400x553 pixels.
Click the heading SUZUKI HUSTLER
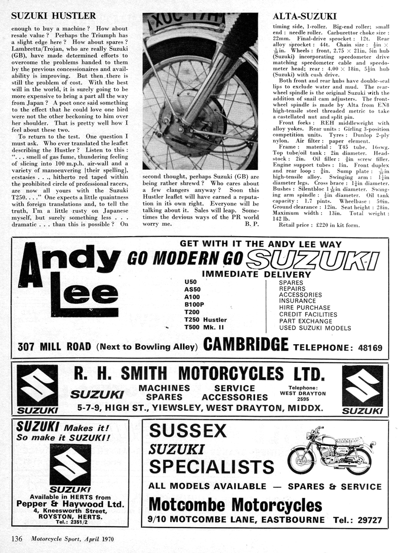(x=54, y=16)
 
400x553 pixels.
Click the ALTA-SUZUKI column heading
(x=304, y=16)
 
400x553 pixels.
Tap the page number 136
(x=17, y=538)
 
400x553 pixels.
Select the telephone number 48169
(x=370, y=348)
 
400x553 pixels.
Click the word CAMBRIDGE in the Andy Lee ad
(x=246, y=345)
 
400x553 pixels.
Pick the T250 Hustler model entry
(x=205, y=320)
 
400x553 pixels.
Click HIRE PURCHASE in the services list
(x=305, y=308)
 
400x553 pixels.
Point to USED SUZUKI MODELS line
(x=315, y=328)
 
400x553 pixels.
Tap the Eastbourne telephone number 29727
(x=368, y=520)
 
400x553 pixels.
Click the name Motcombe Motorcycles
(x=235, y=505)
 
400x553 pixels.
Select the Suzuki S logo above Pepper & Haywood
(x=70, y=464)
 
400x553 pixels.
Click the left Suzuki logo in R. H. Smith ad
(x=37, y=388)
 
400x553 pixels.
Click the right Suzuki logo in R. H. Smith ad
(x=362, y=388)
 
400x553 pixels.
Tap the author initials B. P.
(x=252, y=224)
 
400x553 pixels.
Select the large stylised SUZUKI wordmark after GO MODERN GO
(x=312, y=260)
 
